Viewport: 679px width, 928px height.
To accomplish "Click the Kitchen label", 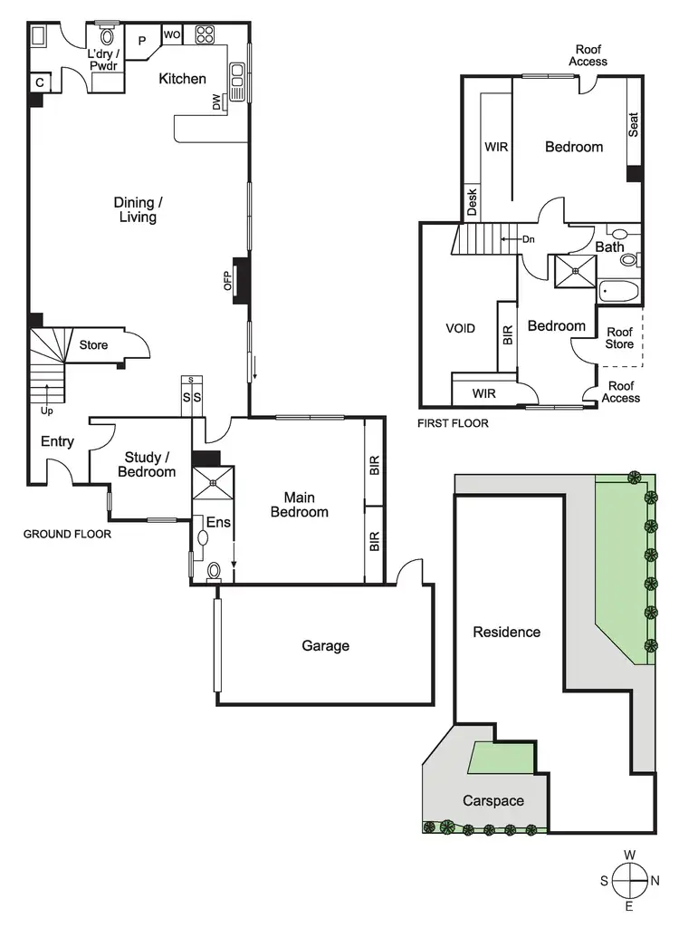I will tap(182, 79).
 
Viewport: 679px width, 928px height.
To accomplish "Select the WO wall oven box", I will tap(171, 35).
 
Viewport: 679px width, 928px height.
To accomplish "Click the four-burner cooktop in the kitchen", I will tap(205, 35).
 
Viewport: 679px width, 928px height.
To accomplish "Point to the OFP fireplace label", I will tap(228, 281).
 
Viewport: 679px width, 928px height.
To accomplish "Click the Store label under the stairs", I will tap(93, 345).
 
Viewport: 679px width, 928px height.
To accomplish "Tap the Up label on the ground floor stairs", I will tap(46, 411).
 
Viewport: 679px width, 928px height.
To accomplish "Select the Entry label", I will tap(57, 442).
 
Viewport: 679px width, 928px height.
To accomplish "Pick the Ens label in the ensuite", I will tap(217, 522).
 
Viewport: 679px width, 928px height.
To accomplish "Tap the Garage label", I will tap(325, 646).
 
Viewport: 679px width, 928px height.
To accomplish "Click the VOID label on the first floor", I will tap(460, 328).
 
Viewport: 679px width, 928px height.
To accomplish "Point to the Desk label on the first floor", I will tap(472, 202).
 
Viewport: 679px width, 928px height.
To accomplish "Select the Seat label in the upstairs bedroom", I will tap(634, 122).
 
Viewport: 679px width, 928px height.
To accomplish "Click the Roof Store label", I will tap(620, 338).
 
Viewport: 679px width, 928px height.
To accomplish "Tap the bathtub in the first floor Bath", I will tap(619, 292).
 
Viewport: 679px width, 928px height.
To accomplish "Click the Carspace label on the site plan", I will tap(493, 801).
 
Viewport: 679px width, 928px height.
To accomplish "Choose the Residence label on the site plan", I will tap(506, 633).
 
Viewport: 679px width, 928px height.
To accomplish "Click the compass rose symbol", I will tap(629, 880).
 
